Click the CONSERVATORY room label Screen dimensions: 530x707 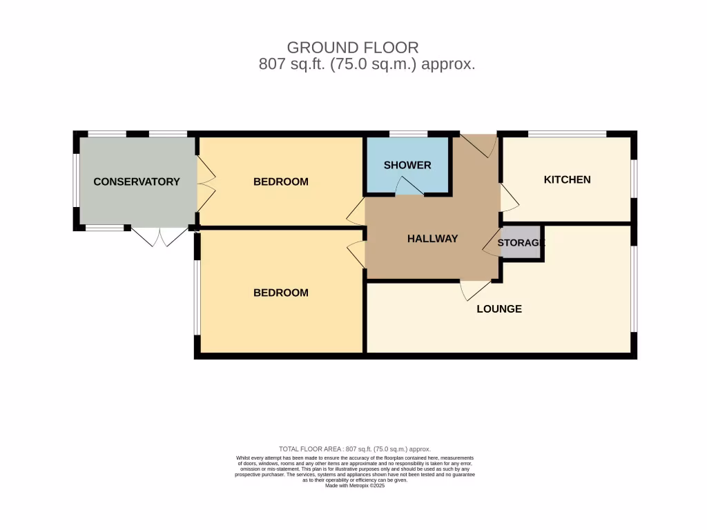pos(136,181)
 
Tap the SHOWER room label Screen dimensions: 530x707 pos(407,165)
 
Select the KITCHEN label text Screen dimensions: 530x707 pos(567,179)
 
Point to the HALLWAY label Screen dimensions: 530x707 pos(432,239)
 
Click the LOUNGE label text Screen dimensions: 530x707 pos(498,308)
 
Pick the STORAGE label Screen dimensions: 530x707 pos(521,242)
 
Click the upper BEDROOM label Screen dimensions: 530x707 pos(280,181)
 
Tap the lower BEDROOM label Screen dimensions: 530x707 pos(280,293)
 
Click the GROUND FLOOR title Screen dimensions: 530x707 pos(352,48)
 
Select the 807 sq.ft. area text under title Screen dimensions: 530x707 pos(367,65)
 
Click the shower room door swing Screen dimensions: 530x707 pos(409,186)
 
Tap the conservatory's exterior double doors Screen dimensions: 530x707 pos(159,237)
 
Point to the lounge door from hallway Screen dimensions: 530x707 pos(474,290)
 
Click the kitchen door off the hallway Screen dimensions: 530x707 pos(510,198)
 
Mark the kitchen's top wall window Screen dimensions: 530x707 pos(567,134)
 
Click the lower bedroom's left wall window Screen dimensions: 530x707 pos(197,297)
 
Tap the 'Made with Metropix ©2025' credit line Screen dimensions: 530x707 pos(354,485)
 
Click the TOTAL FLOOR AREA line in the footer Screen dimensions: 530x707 pos(354,449)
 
